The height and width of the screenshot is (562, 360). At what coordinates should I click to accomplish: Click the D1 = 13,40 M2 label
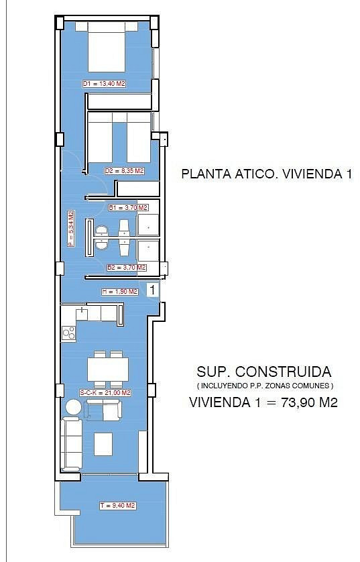(104, 84)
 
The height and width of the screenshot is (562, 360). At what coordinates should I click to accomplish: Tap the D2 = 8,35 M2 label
(124, 171)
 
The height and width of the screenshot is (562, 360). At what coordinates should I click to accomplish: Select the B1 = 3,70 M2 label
(128, 207)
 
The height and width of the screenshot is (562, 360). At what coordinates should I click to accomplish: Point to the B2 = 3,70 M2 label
(127, 267)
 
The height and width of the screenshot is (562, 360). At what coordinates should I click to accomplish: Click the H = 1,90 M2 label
(119, 292)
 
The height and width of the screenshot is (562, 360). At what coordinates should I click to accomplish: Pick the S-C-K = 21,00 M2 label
(105, 393)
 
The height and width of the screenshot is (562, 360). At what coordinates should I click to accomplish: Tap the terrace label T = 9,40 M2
(117, 506)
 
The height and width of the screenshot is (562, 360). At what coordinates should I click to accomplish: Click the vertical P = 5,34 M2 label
(71, 228)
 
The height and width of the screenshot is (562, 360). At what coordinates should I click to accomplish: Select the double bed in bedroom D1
(107, 46)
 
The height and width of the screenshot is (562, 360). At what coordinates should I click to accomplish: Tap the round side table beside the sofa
(74, 408)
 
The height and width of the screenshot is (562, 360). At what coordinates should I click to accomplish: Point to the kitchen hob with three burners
(68, 333)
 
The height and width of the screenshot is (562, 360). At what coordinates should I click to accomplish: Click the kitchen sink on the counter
(82, 313)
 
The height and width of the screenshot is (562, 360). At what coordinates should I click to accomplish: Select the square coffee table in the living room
(103, 444)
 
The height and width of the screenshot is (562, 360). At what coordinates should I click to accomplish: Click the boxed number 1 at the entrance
(153, 290)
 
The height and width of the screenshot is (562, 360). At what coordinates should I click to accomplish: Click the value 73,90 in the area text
(298, 402)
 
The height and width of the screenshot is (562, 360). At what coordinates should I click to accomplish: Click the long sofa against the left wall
(71, 445)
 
